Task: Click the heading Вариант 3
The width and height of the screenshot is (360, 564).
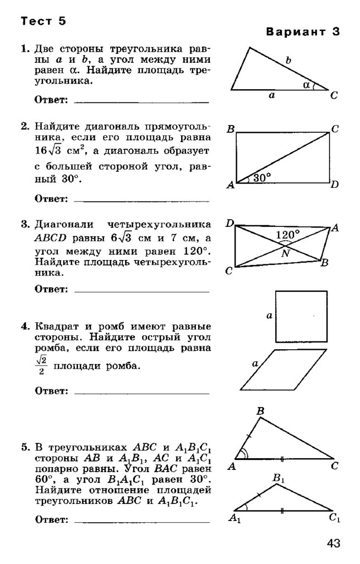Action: [x=303, y=31]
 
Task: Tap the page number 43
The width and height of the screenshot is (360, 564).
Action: [x=333, y=544]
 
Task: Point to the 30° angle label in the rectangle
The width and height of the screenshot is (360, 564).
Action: [x=262, y=178]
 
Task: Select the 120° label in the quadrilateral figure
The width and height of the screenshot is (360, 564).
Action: [x=287, y=235]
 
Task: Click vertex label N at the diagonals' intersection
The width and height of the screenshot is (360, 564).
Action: [x=285, y=254]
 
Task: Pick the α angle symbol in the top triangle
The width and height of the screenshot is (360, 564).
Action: [x=307, y=84]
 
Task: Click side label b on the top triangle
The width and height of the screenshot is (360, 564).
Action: [x=288, y=61]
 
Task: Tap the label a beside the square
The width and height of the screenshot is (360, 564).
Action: [x=269, y=316]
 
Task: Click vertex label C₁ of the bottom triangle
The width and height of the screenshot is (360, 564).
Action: [x=335, y=518]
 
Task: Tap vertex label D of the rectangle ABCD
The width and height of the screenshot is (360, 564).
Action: [x=334, y=185]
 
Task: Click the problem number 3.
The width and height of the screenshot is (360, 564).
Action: [x=24, y=224]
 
